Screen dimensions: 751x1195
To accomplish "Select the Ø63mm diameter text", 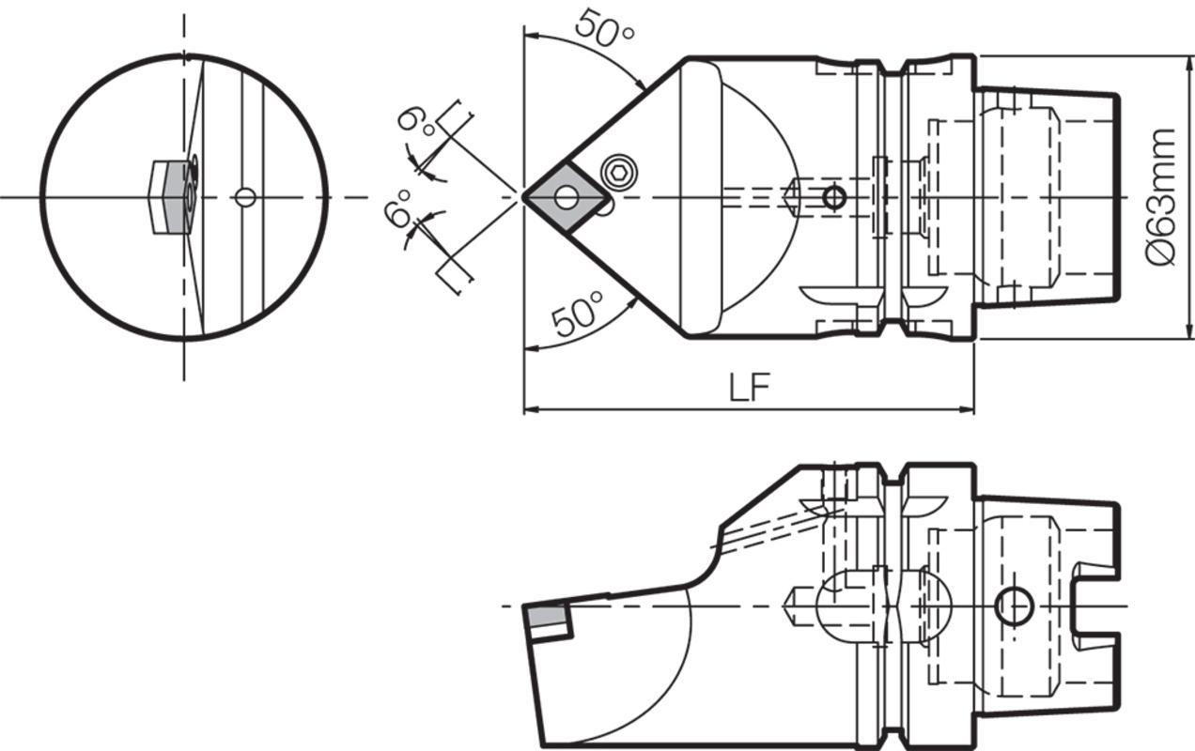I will pos(1163,197).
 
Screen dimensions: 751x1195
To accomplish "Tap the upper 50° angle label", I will pos(604,28).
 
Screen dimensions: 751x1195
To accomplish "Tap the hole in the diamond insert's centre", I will pos(566,197).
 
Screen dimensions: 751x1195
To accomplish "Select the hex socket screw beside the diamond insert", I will pos(618,171).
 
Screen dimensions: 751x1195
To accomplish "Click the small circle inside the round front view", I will pos(245,197).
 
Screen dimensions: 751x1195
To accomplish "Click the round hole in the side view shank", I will pos(1014,606).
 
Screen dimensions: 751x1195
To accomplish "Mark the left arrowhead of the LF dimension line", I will pos(529,409).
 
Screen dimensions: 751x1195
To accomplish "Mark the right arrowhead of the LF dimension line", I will pos(969,409).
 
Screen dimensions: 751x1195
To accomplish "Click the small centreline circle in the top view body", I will pos(833,197).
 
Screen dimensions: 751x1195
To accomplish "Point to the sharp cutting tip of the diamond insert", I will pos(525,197).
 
